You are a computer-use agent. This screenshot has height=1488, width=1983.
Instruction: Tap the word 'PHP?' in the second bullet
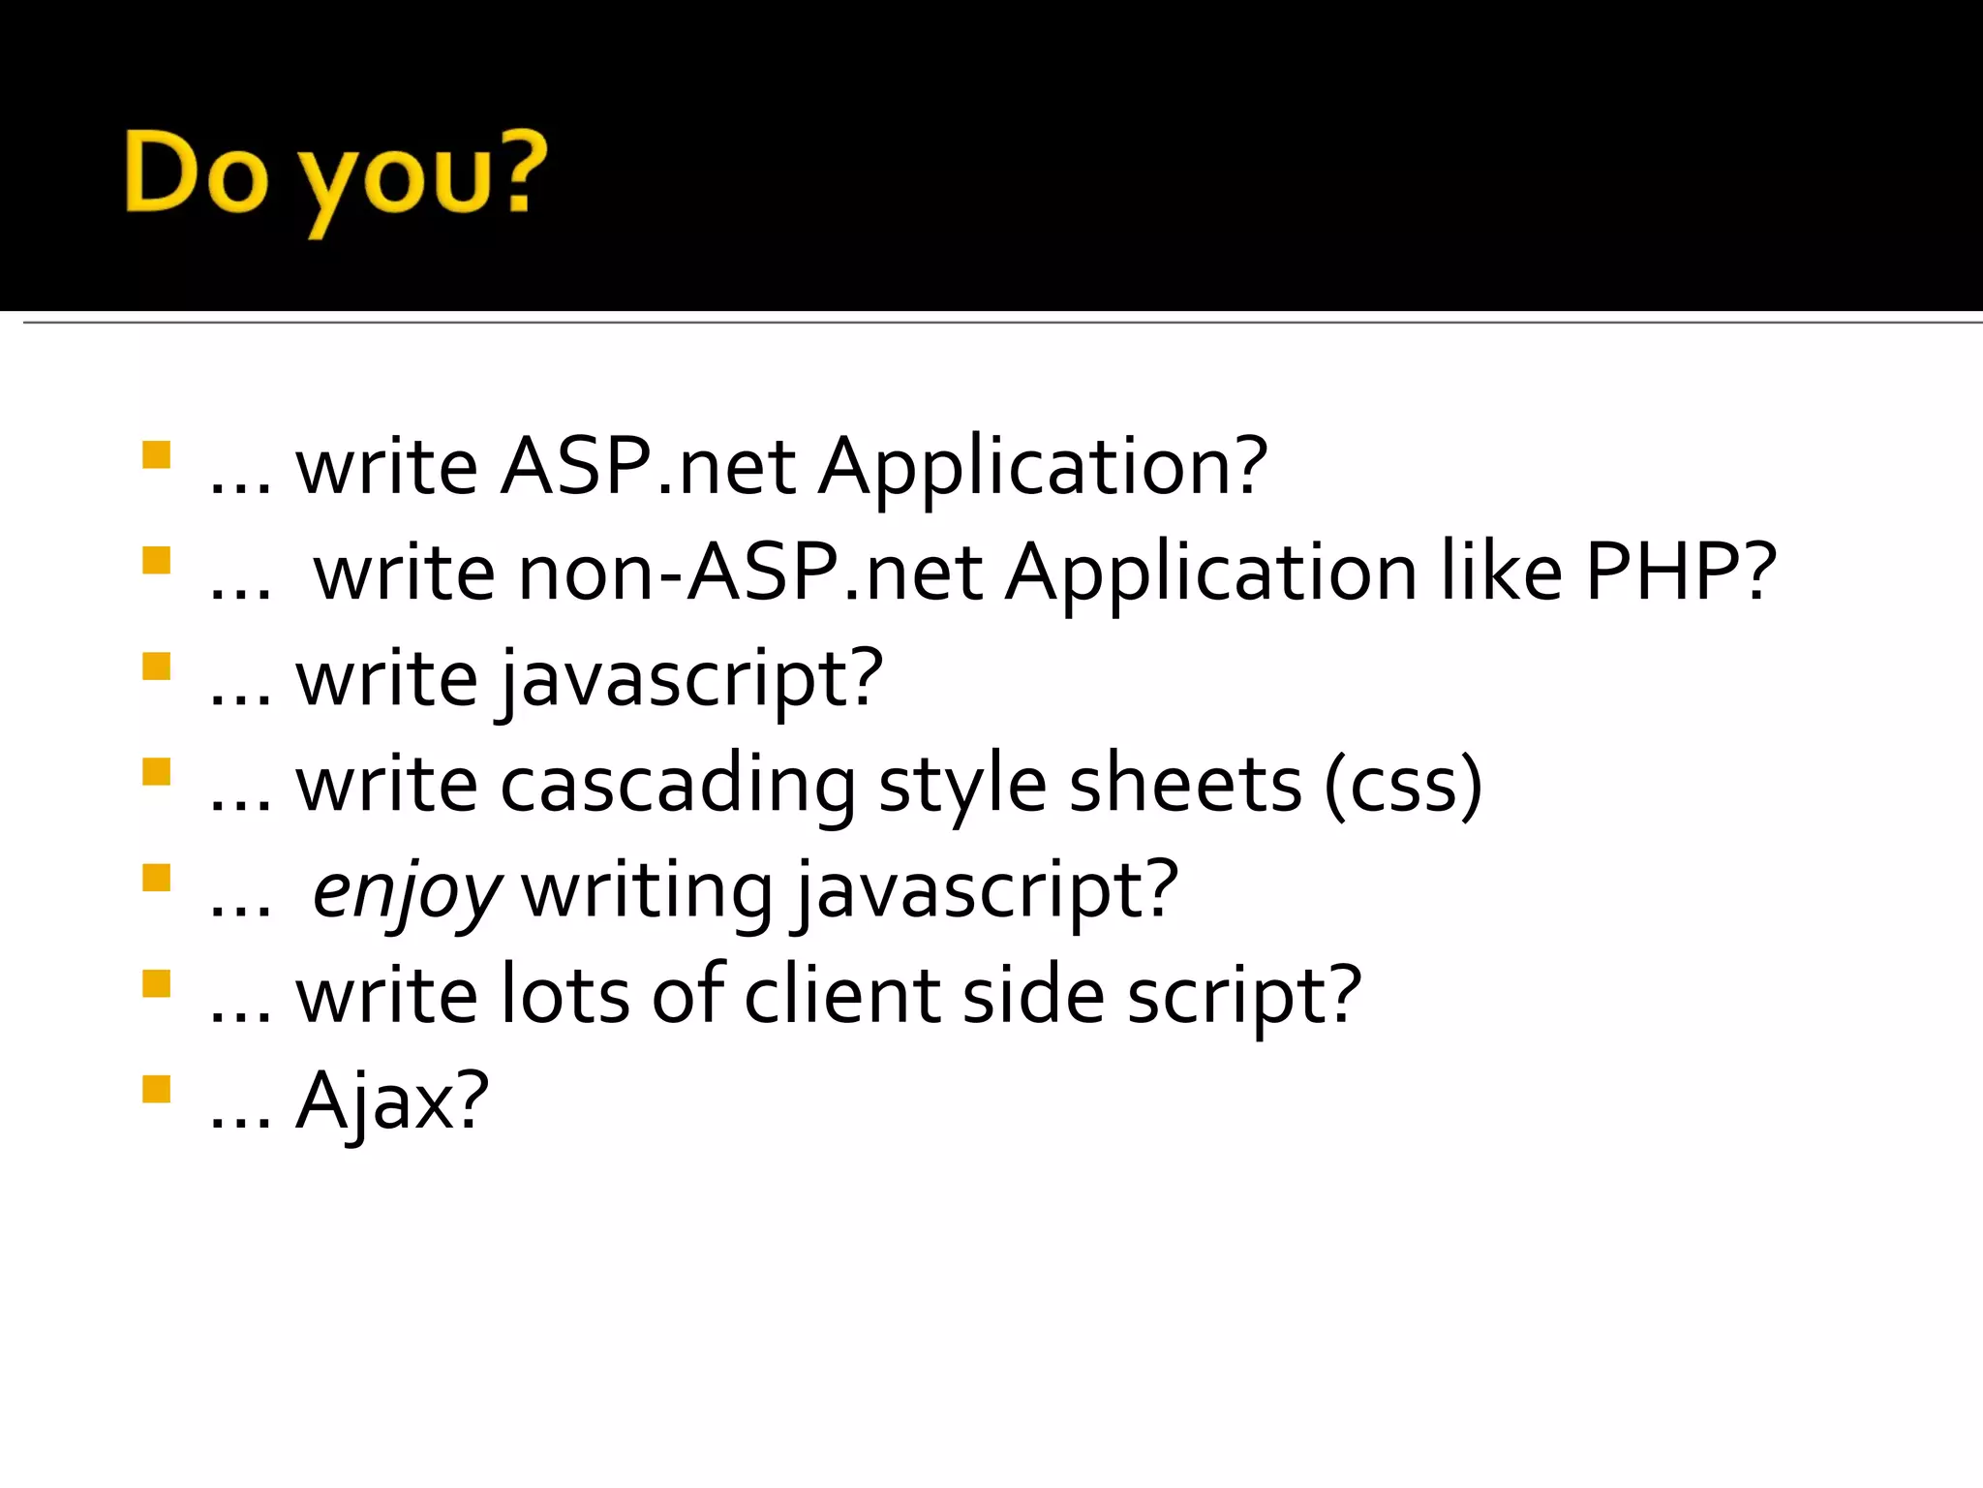tap(1680, 573)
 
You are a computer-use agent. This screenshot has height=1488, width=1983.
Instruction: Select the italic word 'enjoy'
tap(406, 891)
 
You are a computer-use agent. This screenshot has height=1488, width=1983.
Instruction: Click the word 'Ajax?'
tap(392, 1102)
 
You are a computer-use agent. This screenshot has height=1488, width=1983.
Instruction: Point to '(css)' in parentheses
tap(1403, 785)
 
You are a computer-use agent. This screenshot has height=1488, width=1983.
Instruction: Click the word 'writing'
tap(648, 891)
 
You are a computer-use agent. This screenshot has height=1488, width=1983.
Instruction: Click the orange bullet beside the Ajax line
tap(156, 1089)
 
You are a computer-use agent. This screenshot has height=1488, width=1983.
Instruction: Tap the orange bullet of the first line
tap(156, 454)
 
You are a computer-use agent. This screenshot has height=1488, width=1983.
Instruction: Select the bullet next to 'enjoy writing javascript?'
tap(156, 878)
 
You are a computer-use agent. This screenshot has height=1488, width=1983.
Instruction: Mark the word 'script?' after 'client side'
tap(1244, 998)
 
